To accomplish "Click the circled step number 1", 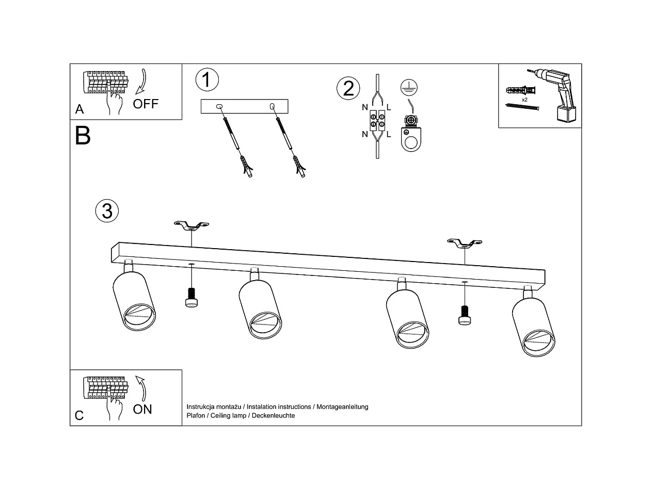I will [x=207, y=80].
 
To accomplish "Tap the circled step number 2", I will [x=348, y=88].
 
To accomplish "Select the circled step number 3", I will [x=107, y=211].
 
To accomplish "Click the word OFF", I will [x=146, y=104].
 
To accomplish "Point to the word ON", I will [x=142, y=409].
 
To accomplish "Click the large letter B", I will [x=83, y=136].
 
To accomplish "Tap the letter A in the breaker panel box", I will [x=79, y=109].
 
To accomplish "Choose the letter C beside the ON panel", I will [x=79, y=416].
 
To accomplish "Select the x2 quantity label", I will [x=524, y=100].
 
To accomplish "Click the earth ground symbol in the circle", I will [x=408, y=87].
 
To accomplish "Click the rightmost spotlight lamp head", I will [x=534, y=328].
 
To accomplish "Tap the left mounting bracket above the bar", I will [x=191, y=225].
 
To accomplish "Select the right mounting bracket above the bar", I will [x=465, y=242].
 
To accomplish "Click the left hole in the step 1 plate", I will [x=220, y=107].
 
